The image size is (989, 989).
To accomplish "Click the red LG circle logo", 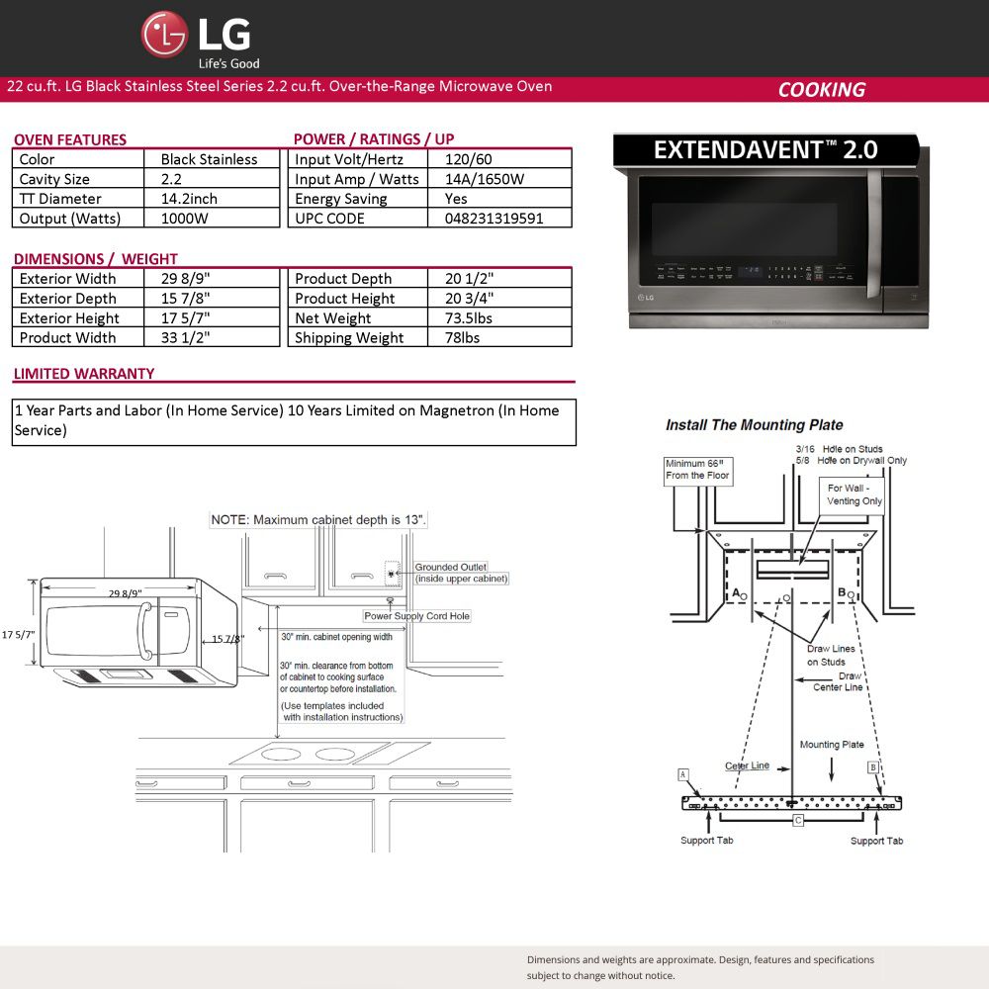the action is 164,35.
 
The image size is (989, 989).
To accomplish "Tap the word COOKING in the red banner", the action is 821,90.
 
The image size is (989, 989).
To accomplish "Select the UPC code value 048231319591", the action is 494,219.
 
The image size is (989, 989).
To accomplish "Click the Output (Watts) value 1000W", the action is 184,219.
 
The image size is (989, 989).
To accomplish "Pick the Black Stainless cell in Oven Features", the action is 209,159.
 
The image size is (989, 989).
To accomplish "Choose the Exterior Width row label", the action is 67,279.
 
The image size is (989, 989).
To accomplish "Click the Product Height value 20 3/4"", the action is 469,299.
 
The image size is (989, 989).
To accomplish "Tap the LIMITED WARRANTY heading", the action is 84,374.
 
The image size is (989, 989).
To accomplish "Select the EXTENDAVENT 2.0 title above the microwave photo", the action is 765,150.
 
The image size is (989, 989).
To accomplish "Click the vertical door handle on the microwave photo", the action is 873,232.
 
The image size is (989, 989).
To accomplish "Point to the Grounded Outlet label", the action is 450,567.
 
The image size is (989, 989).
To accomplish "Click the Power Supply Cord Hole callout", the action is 417,615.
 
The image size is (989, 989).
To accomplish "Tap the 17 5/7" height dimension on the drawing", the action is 18,635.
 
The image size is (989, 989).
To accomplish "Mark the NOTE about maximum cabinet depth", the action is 318,520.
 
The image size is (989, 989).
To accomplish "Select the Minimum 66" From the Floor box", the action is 697,470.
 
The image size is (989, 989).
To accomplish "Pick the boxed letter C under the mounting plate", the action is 798,821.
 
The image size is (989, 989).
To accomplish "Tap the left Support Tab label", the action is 706,840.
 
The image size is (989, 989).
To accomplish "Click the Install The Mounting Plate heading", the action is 755,425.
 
